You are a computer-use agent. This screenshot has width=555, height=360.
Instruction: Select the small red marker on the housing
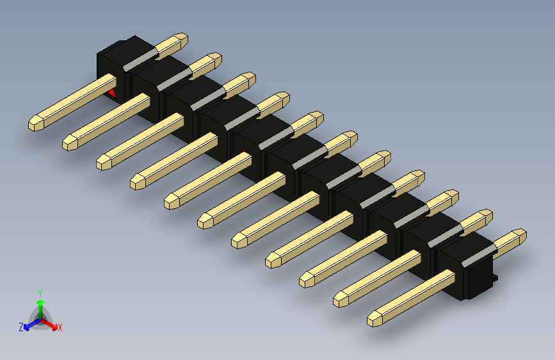click(x=112, y=93)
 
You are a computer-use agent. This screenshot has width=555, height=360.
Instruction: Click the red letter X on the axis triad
click(x=60, y=328)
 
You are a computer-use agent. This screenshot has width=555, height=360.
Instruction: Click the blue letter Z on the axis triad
click(x=21, y=327)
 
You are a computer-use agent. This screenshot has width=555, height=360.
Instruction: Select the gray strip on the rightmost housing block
click(x=478, y=256)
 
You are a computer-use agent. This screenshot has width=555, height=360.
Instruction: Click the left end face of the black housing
click(x=106, y=69)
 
